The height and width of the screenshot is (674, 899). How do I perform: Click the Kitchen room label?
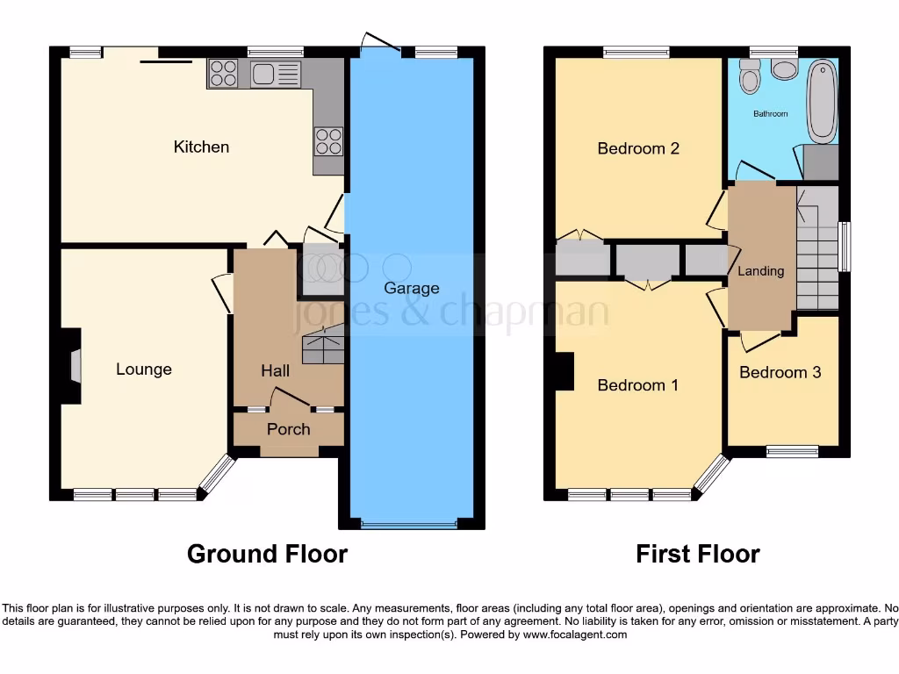click(x=201, y=147)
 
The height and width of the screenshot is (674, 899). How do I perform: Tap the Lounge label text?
click(x=144, y=369)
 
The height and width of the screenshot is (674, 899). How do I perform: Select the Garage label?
click(x=412, y=288)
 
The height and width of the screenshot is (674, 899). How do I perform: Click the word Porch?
click(x=288, y=429)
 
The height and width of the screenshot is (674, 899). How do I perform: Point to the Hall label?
click(x=275, y=371)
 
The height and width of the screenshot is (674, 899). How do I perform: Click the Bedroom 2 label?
click(x=638, y=148)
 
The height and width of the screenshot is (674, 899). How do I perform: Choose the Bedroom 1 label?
click(x=638, y=385)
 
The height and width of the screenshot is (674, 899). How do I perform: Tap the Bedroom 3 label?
click(x=780, y=372)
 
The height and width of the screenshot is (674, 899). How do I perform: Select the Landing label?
click(x=760, y=271)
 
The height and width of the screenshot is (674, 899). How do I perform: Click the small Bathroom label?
click(x=771, y=114)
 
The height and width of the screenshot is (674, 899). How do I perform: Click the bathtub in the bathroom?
click(x=823, y=101)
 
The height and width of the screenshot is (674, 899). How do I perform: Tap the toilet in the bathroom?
click(x=750, y=78)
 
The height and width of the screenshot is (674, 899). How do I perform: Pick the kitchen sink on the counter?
click(x=275, y=74)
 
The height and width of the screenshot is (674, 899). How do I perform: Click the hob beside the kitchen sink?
click(x=223, y=74)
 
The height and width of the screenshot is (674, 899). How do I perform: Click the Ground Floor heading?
click(x=267, y=554)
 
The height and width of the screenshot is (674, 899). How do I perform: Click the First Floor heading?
click(x=697, y=554)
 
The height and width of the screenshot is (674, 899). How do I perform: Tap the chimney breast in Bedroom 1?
click(x=565, y=371)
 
